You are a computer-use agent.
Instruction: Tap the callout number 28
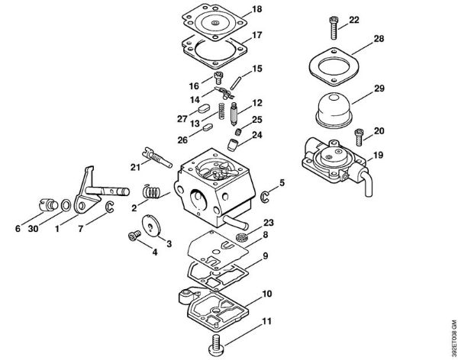pos(378,38)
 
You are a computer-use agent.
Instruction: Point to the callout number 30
pos(33,229)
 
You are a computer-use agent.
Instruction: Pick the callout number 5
pos(282,183)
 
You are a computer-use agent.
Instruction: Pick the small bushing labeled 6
pos(45,206)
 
